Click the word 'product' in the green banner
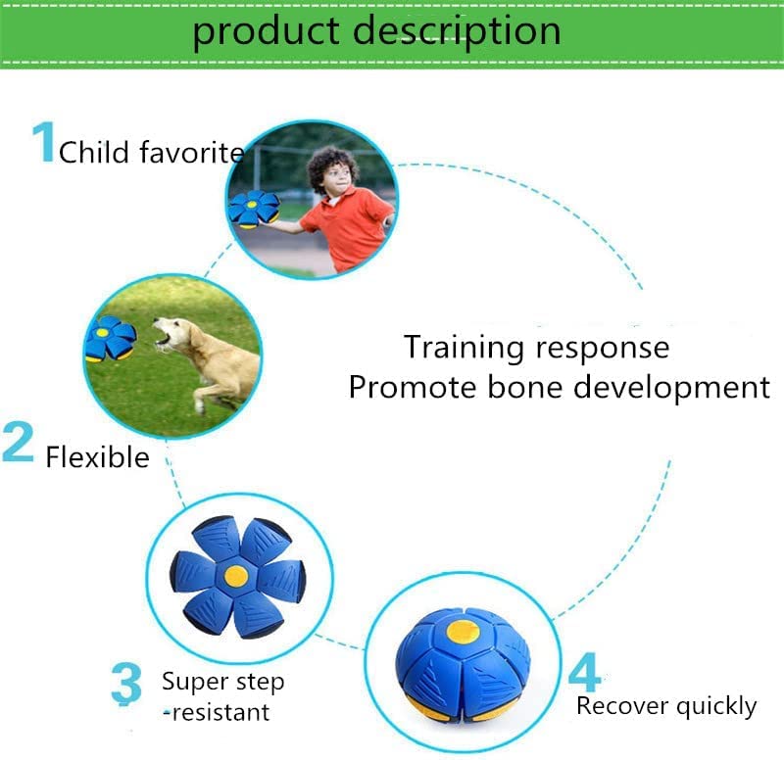tap(266, 31)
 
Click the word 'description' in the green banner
tap(457, 31)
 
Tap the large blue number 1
tap(43, 143)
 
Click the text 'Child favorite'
tap(151, 153)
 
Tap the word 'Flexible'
tap(97, 457)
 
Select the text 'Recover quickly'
tap(666, 706)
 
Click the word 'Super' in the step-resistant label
tap(193, 681)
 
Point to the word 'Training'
tap(466, 347)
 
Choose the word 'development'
tap(671, 387)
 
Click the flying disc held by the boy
tap(254, 208)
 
